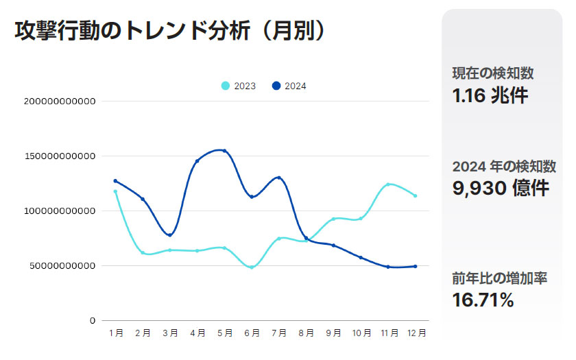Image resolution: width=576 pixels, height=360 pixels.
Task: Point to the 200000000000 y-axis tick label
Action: click(x=60, y=101)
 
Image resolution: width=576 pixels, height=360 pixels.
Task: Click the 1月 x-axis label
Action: click(x=116, y=333)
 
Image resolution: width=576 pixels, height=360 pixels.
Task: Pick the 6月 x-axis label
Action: click(x=252, y=333)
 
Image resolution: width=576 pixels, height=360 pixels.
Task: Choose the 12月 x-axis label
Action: click(x=416, y=333)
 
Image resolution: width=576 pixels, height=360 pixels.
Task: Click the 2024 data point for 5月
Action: click(x=224, y=151)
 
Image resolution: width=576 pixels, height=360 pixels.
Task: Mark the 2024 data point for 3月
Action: click(x=170, y=235)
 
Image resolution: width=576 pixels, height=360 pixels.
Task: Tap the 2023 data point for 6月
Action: click(x=252, y=267)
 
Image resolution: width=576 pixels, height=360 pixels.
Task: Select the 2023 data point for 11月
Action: click(x=388, y=184)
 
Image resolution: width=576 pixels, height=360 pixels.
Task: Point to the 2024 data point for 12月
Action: click(x=416, y=266)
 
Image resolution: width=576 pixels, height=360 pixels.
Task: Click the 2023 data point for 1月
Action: click(x=115, y=191)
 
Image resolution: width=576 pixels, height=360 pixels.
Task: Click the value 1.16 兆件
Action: click(x=490, y=95)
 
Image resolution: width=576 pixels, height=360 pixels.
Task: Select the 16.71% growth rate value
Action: click(x=483, y=300)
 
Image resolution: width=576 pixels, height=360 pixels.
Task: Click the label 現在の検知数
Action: click(x=493, y=73)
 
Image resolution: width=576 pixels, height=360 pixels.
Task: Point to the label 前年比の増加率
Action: click(x=499, y=279)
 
